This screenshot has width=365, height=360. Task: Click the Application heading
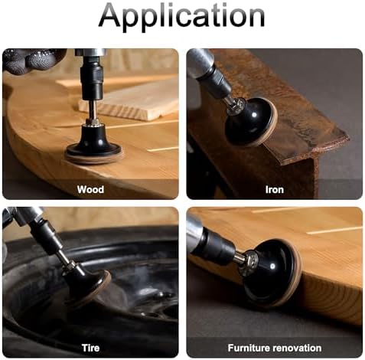pyautogui.click(x=181, y=17)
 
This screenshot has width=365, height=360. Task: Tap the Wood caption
pyautogui.click(x=90, y=190)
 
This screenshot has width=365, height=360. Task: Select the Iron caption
pyautogui.click(x=275, y=190)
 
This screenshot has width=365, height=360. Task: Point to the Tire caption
pyautogui.click(x=90, y=348)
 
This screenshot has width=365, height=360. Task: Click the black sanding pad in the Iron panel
pyautogui.click(x=251, y=121)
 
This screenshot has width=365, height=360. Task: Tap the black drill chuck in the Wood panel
pyautogui.click(x=92, y=80)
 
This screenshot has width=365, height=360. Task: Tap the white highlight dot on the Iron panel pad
pyautogui.click(x=254, y=115)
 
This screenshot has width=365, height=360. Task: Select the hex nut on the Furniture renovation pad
pyautogui.click(x=251, y=263)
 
